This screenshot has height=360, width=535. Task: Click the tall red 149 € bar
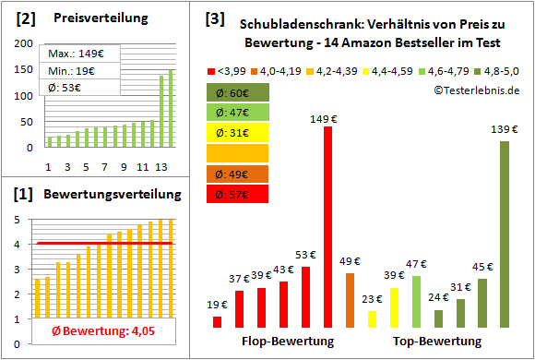327,227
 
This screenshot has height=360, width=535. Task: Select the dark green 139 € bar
505,234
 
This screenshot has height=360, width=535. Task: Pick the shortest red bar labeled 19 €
217,322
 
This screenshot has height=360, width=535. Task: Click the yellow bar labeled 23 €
372,318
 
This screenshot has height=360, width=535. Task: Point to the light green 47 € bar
416,302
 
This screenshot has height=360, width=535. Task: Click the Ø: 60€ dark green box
238,92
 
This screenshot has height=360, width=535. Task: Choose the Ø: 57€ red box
238,194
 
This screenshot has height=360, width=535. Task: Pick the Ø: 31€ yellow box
238,133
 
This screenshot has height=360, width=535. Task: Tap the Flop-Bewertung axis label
287,342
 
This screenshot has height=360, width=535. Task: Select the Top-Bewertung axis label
437,342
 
